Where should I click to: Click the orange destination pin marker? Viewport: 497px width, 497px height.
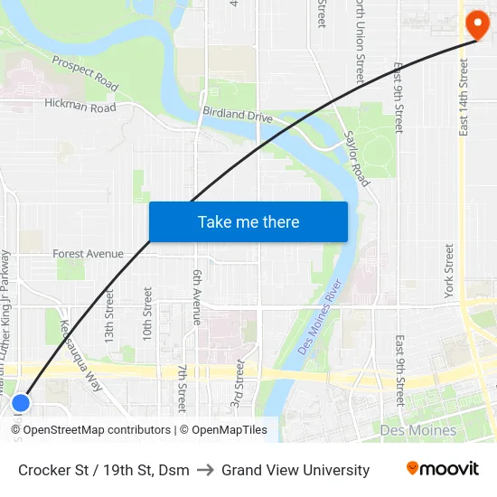476,22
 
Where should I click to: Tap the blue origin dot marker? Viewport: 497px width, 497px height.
21,402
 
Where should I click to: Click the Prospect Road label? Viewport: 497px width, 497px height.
85,73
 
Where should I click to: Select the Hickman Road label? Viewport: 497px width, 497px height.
80,106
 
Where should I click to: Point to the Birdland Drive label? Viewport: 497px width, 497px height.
237,117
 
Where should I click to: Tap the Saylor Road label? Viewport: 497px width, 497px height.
357,159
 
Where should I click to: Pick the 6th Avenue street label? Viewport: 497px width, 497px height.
197,295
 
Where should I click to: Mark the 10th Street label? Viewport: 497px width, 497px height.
147,313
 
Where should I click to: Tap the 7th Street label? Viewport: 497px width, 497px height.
182,388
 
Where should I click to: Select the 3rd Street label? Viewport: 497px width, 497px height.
239,384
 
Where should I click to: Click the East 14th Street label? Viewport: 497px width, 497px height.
464,98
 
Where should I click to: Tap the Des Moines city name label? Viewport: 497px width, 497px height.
418,430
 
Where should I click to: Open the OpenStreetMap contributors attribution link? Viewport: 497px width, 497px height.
97,430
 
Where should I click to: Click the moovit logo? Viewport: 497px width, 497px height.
443,469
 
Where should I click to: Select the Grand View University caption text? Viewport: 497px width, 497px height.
295,470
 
